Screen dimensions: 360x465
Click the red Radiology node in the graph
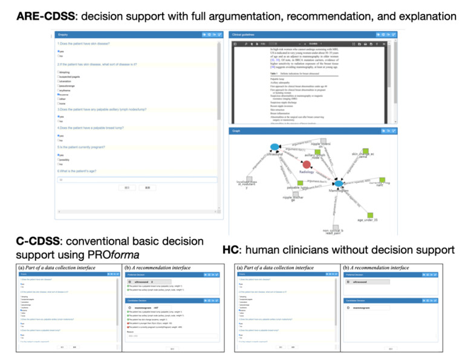coord(307,165)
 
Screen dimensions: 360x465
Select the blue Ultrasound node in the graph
coord(275,147)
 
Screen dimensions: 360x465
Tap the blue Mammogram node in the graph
coord(339,183)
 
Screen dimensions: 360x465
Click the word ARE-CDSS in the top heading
coord(37,15)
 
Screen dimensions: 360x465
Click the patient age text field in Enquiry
coord(136,180)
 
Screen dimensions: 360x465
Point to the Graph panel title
coord(236,130)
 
